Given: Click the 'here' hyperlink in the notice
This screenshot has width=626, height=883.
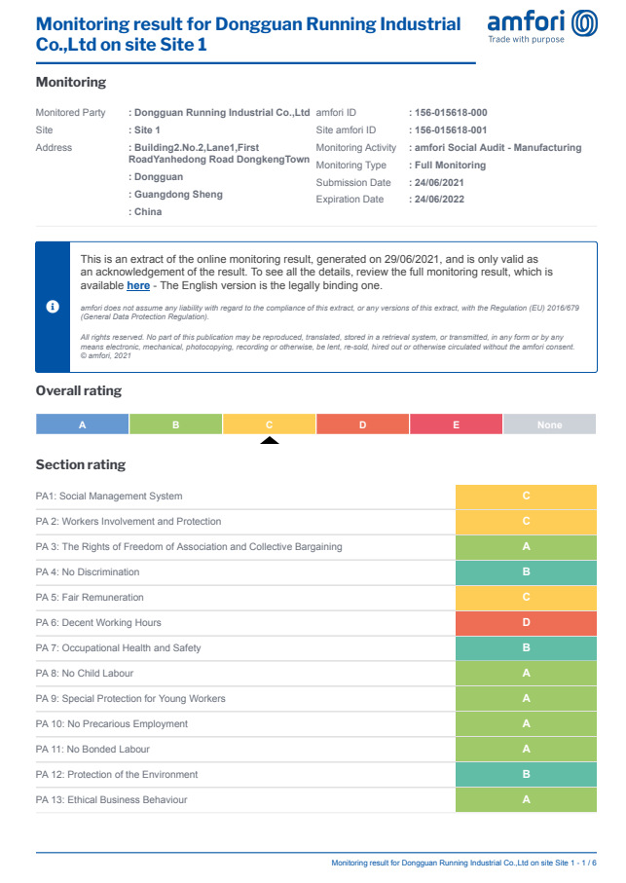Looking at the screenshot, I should (138, 285).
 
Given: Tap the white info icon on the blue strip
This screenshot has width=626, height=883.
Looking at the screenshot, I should (54, 307).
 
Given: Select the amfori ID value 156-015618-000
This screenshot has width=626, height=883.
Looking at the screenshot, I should (451, 113).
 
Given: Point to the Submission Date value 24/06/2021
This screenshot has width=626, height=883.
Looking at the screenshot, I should (438, 183).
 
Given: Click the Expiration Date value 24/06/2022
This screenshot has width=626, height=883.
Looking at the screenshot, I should (438, 200).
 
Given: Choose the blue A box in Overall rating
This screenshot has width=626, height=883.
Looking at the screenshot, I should (83, 424).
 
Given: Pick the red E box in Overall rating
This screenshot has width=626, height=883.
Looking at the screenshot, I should (456, 424).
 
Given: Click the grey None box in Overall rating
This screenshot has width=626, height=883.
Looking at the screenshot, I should (549, 424).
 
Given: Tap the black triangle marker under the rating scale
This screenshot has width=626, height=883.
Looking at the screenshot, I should (270, 440).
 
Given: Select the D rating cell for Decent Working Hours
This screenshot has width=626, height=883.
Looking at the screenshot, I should (526, 623).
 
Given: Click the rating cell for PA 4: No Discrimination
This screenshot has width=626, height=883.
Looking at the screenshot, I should (526, 572).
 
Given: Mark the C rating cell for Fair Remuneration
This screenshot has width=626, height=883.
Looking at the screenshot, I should (526, 598).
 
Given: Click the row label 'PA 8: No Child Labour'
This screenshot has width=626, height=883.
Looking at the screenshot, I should (85, 674).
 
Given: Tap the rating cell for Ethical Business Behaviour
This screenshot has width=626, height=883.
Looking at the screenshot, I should (526, 800).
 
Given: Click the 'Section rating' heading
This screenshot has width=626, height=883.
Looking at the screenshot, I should (81, 465).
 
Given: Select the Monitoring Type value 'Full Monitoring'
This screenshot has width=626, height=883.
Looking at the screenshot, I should (450, 166).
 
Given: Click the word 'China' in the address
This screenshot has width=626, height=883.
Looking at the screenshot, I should (148, 212).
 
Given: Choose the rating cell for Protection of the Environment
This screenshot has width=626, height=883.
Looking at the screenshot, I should (526, 775).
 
